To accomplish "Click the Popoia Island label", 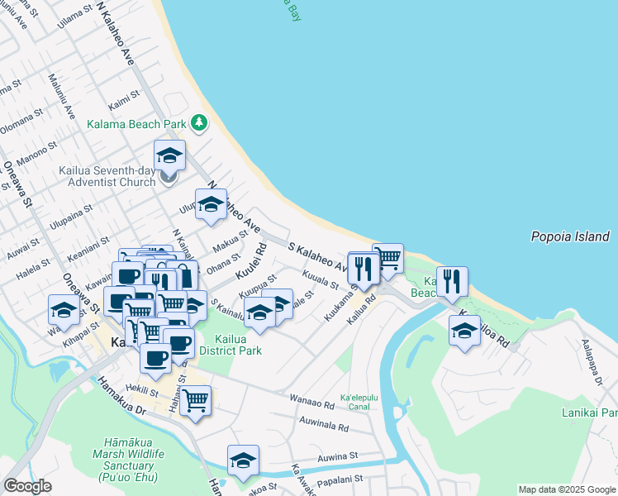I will (569, 237).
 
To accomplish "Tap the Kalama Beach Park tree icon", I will (198, 123).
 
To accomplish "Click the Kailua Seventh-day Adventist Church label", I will (107, 177).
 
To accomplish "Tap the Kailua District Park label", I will (226, 345).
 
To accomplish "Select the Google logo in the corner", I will (27, 486).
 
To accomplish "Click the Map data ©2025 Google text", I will (566, 489).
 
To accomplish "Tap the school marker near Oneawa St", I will (64, 310).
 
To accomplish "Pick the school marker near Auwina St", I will (243, 460).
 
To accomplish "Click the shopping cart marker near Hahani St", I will (195, 400).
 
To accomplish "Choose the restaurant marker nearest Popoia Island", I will (452, 281).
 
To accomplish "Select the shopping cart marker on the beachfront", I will (387, 258).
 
